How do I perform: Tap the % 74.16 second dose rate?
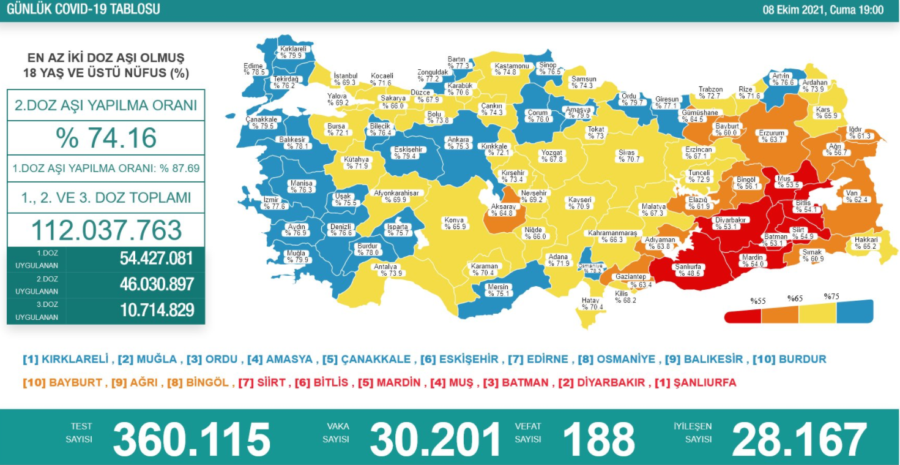[x=106, y=138]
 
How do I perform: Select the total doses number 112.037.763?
[x=106, y=230]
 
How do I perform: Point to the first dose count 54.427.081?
[x=157, y=258]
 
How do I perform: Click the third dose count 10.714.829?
[x=157, y=310]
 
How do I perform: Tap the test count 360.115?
[x=192, y=439]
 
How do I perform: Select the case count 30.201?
[x=435, y=439]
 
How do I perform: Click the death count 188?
[x=598, y=439]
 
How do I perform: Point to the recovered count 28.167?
[x=799, y=439]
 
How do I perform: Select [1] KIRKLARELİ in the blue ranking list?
[x=65, y=360]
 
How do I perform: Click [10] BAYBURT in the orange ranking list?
[x=62, y=383]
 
